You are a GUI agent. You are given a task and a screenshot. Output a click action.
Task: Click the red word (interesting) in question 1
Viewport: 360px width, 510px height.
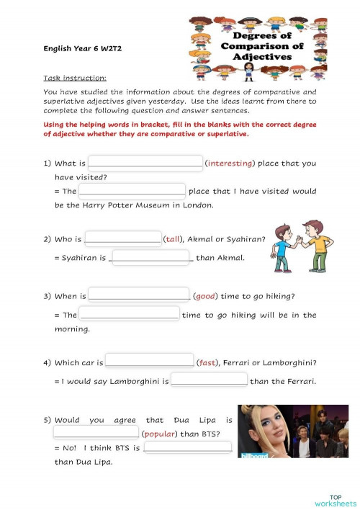point(230,163)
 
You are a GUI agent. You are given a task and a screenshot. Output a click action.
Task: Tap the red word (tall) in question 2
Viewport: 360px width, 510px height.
point(174,239)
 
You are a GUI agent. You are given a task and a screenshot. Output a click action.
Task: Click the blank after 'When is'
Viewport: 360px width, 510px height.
point(138,295)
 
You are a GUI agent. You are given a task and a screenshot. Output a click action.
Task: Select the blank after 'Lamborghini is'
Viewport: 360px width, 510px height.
point(209,380)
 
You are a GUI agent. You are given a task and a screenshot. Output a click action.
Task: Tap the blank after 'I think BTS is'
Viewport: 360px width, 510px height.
point(187,447)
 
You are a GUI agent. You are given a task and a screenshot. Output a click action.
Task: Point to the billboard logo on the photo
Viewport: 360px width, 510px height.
point(253,455)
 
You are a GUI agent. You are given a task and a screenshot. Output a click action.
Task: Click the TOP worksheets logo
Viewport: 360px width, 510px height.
point(335,500)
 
